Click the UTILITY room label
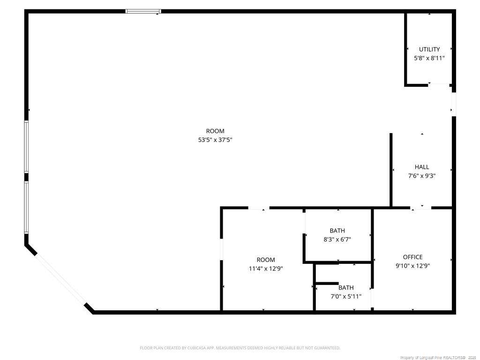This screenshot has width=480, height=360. (x=429, y=49)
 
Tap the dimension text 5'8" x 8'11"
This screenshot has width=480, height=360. (x=429, y=58)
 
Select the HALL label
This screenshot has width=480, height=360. (x=422, y=167)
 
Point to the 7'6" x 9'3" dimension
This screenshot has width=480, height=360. (x=422, y=176)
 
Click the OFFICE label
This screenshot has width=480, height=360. (x=412, y=257)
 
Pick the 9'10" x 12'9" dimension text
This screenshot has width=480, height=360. (x=412, y=266)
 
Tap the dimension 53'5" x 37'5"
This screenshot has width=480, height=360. (x=215, y=140)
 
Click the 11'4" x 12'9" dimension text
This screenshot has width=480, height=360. (x=266, y=269)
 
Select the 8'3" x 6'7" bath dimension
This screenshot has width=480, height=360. (x=337, y=240)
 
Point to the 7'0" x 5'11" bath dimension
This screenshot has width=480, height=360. (x=346, y=297)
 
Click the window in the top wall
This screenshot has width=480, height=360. (x=143, y=11)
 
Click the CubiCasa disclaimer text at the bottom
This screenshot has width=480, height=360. (x=240, y=348)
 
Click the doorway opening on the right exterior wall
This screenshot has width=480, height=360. (x=454, y=104)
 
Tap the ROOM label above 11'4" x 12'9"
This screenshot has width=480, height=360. (x=266, y=260)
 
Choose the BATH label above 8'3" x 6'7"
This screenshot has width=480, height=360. (x=337, y=231)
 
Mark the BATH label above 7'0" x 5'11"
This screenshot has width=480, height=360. (x=346, y=288)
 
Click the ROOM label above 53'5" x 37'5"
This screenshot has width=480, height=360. (x=215, y=131)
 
